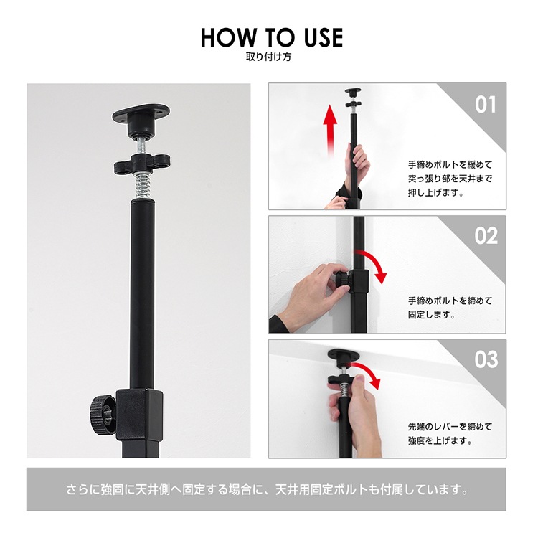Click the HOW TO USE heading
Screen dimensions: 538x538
[x=271, y=37]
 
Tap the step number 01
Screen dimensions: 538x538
[x=486, y=105]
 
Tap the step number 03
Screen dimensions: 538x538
[x=486, y=359]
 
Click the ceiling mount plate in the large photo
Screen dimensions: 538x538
[x=141, y=117]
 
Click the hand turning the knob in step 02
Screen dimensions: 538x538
[x=308, y=294]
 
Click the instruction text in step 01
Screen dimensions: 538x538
[x=450, y=179]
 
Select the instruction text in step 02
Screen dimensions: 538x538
[x=450, y=308]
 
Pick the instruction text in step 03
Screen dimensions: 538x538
[x=450, y=433]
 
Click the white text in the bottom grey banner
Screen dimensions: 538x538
[x=266, y=491]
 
